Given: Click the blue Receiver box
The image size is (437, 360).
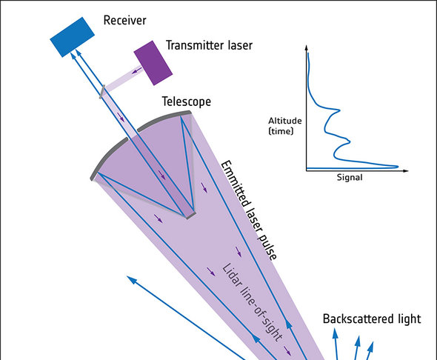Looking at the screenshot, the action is [72, 37].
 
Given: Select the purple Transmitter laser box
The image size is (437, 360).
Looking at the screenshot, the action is [153, 63].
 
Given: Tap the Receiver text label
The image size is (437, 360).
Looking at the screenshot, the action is [124, 20].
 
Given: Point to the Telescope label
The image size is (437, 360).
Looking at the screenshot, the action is [187, 101].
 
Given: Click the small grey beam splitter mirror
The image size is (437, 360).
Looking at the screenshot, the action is [102, 92].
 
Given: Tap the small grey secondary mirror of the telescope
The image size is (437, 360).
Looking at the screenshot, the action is [190, 216].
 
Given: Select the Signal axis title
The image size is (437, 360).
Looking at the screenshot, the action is [350, 178].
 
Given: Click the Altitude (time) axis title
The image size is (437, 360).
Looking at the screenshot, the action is [285, 126].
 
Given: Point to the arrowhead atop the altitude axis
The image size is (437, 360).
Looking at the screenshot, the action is [307, 47].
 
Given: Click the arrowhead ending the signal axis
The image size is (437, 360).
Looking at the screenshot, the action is [406, 170].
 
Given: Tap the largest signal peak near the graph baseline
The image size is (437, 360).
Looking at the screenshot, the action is [397, 167].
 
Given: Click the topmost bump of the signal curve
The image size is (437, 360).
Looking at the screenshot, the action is [339, 110].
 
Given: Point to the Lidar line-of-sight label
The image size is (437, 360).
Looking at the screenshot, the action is [252, 303].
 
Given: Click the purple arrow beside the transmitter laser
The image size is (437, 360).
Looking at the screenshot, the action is [136, 70].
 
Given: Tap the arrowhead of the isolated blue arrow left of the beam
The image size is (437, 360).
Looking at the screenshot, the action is [131, 279].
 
